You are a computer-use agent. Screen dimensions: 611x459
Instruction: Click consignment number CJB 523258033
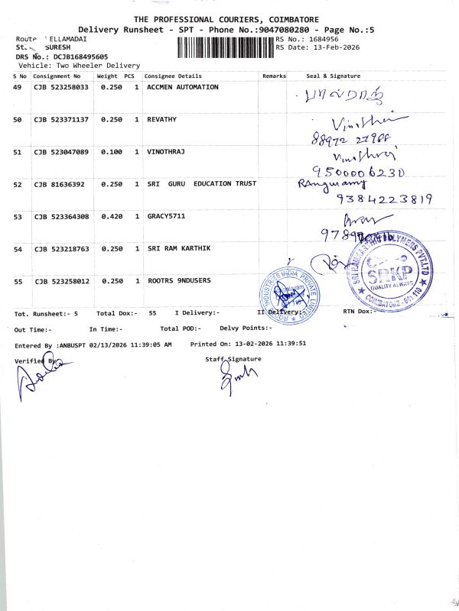tap(61, 87)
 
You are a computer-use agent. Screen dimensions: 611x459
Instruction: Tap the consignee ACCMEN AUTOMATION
tap(183, 87)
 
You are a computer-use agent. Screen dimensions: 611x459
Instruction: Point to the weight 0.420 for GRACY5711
tap(112, 217)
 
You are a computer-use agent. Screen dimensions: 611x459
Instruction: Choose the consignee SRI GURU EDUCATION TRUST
tap(202, 184)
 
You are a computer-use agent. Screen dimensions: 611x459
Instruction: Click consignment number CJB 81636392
tap(58, 184)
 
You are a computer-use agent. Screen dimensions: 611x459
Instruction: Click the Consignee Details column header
tap(173, 76)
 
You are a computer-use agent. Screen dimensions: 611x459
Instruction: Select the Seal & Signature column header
tap(333, 76)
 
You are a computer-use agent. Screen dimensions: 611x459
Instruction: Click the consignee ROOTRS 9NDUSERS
tap(179, 281)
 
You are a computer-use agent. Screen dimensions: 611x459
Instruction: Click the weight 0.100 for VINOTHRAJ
tap(112, 152)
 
